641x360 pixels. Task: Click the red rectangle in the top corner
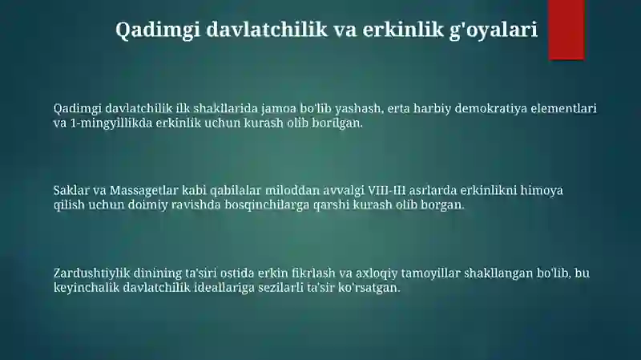click(x=566, y=30)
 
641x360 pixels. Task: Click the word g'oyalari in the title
click(x=494, y=30)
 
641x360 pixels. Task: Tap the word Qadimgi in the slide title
click(x=158, y=30)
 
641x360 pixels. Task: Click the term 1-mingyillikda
click(x=111, y=123)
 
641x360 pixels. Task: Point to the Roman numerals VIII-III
click(x=387, y=190)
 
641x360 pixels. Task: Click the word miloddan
click(x=292, y=190)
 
